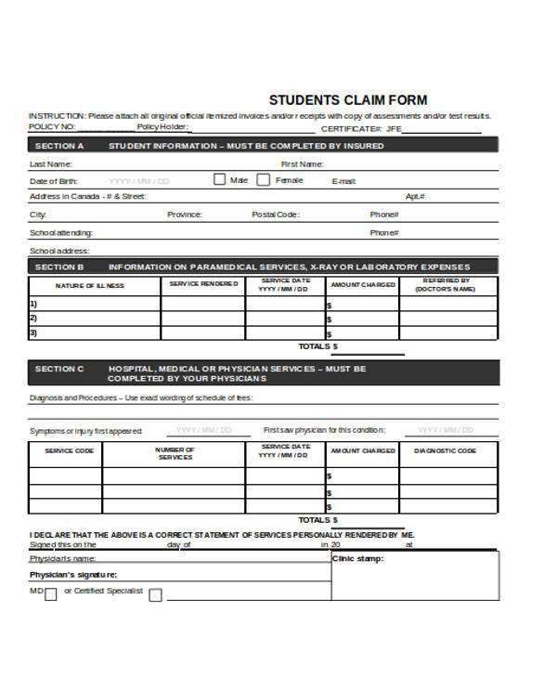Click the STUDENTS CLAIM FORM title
tap(348, 100)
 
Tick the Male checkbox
tap(220, 180)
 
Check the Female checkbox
tap(264, 180)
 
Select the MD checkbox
tap(50, 595)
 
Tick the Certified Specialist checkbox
tap(155, 595)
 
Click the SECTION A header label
tap(58, 146)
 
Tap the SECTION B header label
tap(58, 267)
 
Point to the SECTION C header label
tap(58, 369)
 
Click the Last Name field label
tap(50, 163)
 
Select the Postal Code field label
tap(276, 215)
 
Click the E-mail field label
tap(343, 181)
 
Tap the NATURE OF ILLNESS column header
tap(89, 286)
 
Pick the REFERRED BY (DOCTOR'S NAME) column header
tap(447, 284)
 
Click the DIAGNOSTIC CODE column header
tap(445, 450)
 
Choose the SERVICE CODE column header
tap(70, 450)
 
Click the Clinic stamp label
tap(357, 559)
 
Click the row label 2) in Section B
tap(33, 318)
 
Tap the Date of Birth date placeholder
tap(139, 181)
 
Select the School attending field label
tap(60, 233)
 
